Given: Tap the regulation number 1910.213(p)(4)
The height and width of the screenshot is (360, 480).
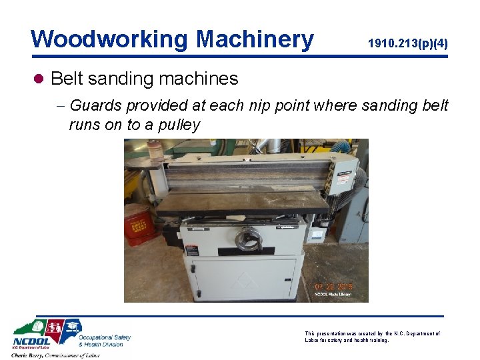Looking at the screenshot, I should pyautogui.click(x=407, y=44).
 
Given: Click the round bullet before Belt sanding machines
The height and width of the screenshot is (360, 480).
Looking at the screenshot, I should pyautogui.click(x=38, y=79).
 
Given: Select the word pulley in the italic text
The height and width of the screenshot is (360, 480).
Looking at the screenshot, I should pyautogui.click(x=177, y=125).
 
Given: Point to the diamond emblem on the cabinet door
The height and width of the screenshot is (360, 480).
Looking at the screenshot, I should pyautogui.click(x=243, y=280).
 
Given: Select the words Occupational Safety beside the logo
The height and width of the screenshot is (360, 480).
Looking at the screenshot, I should pyautogui.click(x=104, y=337).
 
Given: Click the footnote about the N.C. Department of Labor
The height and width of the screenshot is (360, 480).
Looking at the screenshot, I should pyautogui.click(x=372, y=337).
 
